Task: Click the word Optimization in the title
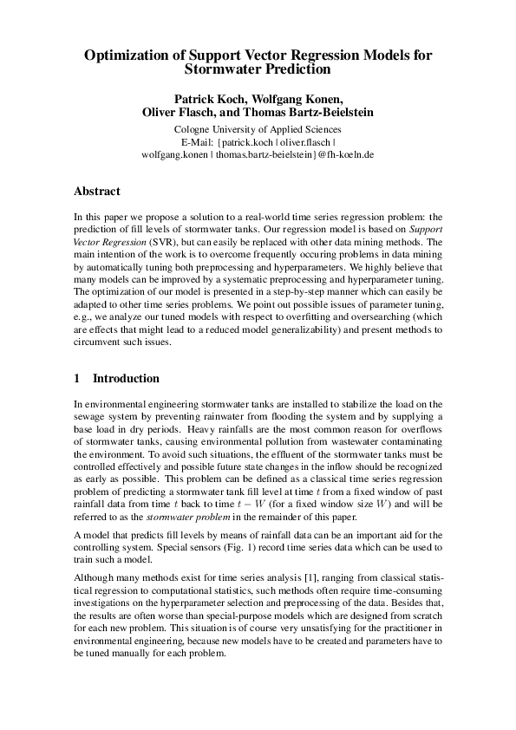[123, 55]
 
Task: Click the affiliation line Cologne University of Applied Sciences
[258, 129]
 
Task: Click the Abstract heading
[97, 192]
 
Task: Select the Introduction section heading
[126, 379]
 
